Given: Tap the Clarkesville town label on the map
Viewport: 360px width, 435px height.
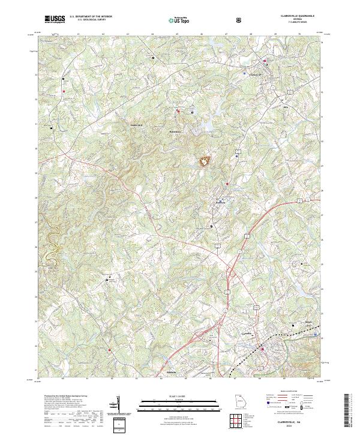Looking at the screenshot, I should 256,74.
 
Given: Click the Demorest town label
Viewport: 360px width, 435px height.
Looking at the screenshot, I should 223,203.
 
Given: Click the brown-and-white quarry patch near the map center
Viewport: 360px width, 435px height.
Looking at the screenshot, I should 205,161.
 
